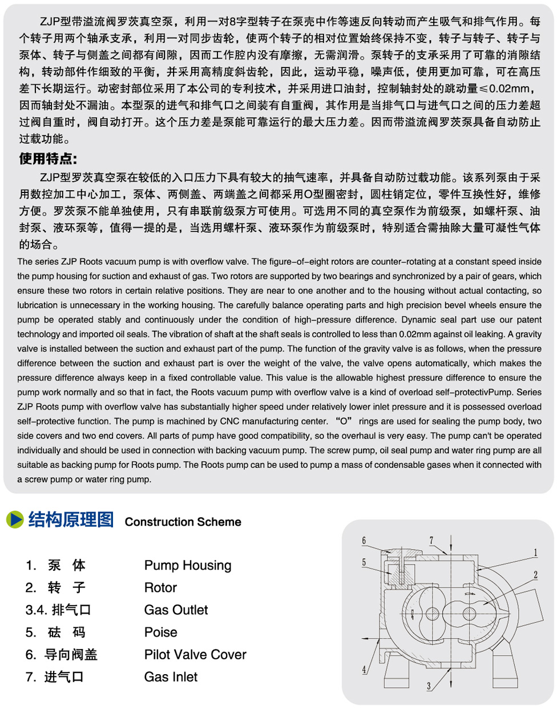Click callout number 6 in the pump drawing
point(364,541)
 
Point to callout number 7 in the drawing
point(431,540)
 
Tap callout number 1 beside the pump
point(535,552)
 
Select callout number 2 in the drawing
point(535,575)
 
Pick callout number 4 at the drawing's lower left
point(364,670)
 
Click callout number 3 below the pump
point(429,686)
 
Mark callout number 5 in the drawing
point(364,563)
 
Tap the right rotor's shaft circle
point(469,614)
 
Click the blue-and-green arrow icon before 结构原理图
point(15,519)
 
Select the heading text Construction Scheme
point(183,522)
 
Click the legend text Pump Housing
point(188,565)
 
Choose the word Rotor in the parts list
point(160,587)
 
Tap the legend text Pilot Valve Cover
point(195,654)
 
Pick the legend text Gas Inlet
point(171,676)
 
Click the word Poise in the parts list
point(160,632)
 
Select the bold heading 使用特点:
point(48,159)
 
